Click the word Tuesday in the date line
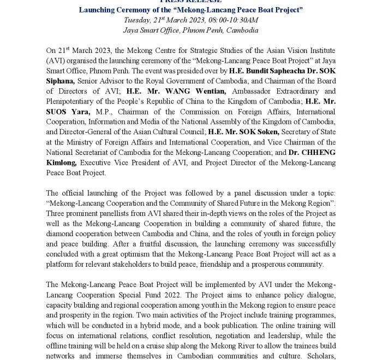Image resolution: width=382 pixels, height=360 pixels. coord(137,20)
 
